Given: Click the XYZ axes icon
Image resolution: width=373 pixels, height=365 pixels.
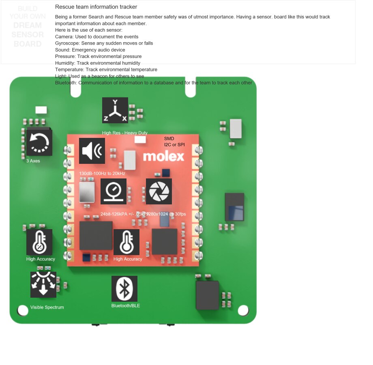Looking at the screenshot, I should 115,110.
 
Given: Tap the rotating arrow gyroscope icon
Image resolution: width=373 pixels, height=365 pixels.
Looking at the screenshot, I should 39,143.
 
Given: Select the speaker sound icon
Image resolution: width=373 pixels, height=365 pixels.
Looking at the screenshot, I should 92,151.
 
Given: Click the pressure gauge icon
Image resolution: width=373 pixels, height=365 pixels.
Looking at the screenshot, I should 114,191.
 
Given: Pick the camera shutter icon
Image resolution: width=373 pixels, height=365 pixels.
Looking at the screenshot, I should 159,191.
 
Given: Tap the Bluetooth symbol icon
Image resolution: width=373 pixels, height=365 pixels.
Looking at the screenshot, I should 124,289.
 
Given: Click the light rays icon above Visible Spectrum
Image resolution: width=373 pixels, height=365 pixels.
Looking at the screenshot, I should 43,285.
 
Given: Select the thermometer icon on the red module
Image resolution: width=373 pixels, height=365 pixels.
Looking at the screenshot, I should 126,242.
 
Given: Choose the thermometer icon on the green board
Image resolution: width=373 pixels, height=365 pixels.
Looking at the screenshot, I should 39,242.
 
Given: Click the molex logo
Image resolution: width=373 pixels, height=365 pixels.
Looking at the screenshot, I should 163,157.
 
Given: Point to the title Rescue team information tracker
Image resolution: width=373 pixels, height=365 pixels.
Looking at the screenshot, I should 96,7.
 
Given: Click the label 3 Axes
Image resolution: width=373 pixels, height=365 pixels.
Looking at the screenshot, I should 33,161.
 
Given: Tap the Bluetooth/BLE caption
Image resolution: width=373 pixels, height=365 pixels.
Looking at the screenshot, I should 126,306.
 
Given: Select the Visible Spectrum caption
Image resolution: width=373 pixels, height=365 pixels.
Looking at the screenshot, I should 47,307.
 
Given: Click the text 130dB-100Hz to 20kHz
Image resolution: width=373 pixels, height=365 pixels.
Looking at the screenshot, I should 102,174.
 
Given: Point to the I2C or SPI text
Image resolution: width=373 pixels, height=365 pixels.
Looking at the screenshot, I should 174,145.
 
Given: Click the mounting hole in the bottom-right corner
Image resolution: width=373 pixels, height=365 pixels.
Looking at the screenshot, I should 243,311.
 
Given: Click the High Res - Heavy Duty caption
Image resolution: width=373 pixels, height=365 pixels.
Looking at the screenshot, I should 125,133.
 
